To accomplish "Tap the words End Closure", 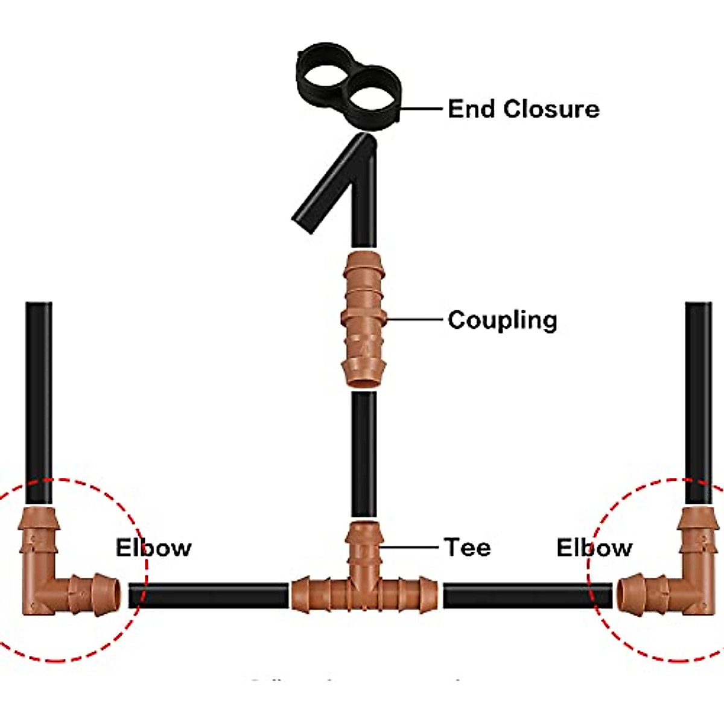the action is (523, 109).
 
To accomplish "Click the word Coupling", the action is (502, 320).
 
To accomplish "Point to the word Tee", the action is (468, 547).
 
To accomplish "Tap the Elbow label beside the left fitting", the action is (153, 548).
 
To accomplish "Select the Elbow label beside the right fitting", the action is (594, 548).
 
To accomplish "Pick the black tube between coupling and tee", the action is (364, 453).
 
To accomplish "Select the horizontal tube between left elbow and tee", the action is (208, 595).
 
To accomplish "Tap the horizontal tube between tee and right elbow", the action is (528, 595).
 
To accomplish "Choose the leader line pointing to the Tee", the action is (410, 547).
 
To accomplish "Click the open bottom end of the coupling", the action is (363, 380).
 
